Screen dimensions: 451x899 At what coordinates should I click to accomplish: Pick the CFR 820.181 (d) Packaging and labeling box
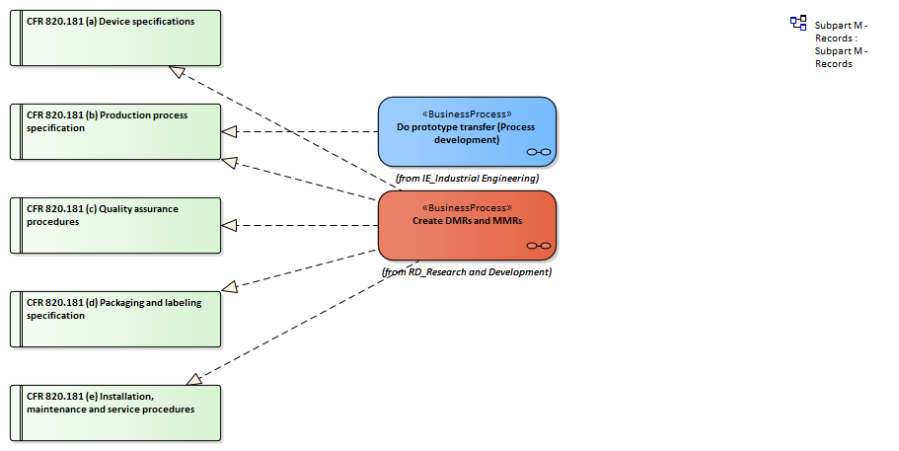[x=115, y=319]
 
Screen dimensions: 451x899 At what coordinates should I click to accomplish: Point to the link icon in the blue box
[x=538, y=152]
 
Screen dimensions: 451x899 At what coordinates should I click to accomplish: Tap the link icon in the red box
[x=538, y=246]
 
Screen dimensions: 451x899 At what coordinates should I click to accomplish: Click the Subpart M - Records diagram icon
[x=798, y=23]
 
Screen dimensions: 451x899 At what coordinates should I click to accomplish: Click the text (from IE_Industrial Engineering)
[x=467, y=179]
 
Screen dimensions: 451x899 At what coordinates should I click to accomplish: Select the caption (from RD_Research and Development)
[x=467, y=272]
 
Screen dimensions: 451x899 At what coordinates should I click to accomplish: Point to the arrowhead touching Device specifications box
[x=177, y=71]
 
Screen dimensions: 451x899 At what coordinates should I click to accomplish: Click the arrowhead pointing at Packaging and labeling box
[x=230, y=287]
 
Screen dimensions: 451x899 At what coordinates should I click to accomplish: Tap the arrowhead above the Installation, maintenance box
[x=193, y=379]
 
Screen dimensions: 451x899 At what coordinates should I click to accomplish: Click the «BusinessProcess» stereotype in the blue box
[x=467, y=113]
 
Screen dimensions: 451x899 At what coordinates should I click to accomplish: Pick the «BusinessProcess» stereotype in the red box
[x=467, y=207]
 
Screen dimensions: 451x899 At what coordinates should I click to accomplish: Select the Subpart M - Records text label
[x=841, y=44]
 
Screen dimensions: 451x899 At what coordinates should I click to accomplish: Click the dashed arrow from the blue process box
[x=306, y=131]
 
